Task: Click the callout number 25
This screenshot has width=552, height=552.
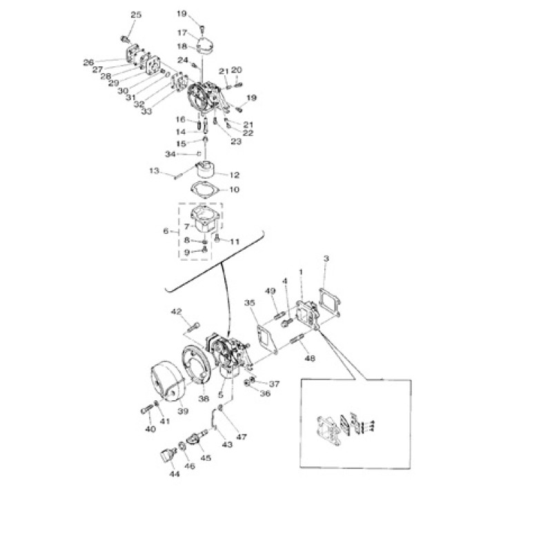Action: click(x=135, y=15)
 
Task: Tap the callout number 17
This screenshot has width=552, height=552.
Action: click(x=182, y=32)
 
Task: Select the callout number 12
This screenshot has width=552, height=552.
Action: click(x=235, y=175)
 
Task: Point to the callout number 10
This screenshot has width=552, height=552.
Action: click(x=235, y=189)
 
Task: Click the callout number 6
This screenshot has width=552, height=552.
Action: click(x=166, y=231)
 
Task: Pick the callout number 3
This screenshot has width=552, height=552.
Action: click(x=326, y=259)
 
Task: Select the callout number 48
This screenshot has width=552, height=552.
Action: click(x=309, y=358)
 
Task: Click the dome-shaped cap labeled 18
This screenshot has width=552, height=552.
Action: click(x=204, y=47)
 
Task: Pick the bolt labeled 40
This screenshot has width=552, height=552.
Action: click(x=146, y=410)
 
